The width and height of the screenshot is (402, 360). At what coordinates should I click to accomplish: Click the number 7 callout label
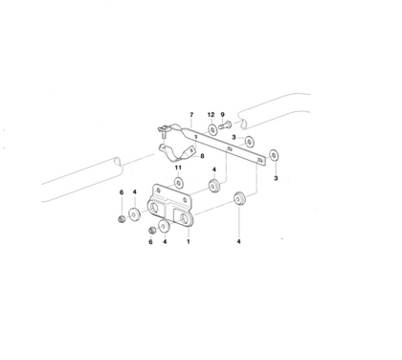tap(190, 113)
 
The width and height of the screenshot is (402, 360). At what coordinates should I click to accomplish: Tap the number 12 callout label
tap(212, 114)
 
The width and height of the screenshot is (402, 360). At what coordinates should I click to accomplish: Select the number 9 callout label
tap(222, 114)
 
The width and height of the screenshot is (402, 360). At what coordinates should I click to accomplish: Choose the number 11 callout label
tap(179, 169)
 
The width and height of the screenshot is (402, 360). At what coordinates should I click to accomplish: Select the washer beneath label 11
tap(179, 183)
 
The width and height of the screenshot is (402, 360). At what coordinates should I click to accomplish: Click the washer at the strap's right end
tap(275, 153)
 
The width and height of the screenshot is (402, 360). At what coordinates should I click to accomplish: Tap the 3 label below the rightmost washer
tap(276, 177)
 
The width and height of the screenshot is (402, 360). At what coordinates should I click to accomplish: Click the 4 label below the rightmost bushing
tap(239, 243)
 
